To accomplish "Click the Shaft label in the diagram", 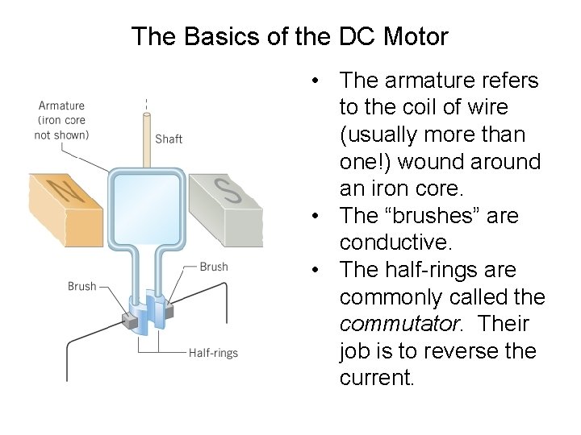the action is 169,139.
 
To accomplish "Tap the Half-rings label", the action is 213,352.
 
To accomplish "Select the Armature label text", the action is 61,106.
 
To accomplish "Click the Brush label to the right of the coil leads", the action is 213,267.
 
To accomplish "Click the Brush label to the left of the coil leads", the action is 82,286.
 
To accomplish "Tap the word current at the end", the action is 376,378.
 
